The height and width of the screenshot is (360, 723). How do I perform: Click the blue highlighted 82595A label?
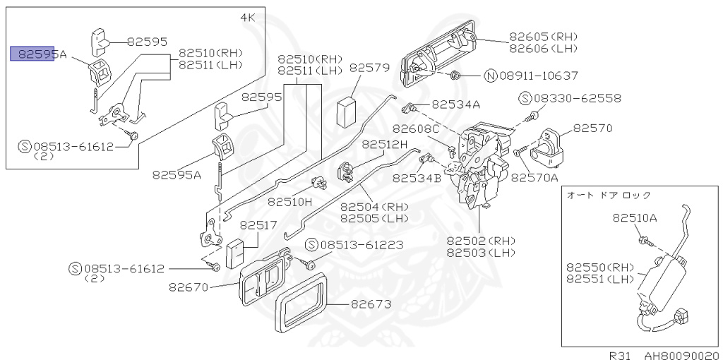click(x=32, y=54)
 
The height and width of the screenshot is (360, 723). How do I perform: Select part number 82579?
click(x=369, y=68)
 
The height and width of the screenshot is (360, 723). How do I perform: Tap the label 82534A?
click(x=455, y=104)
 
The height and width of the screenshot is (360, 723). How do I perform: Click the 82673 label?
click(x=371, y=304)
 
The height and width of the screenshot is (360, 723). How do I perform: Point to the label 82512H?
click(x=385, y=144)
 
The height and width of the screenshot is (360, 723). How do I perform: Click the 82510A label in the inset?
click(x=635, y=218)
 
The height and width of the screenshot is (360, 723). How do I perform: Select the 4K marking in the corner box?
click(x=249, y=16)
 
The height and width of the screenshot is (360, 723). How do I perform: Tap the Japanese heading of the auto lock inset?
click(x=609, y=196)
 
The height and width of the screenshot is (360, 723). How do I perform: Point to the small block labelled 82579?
click(x=347, y=110)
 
